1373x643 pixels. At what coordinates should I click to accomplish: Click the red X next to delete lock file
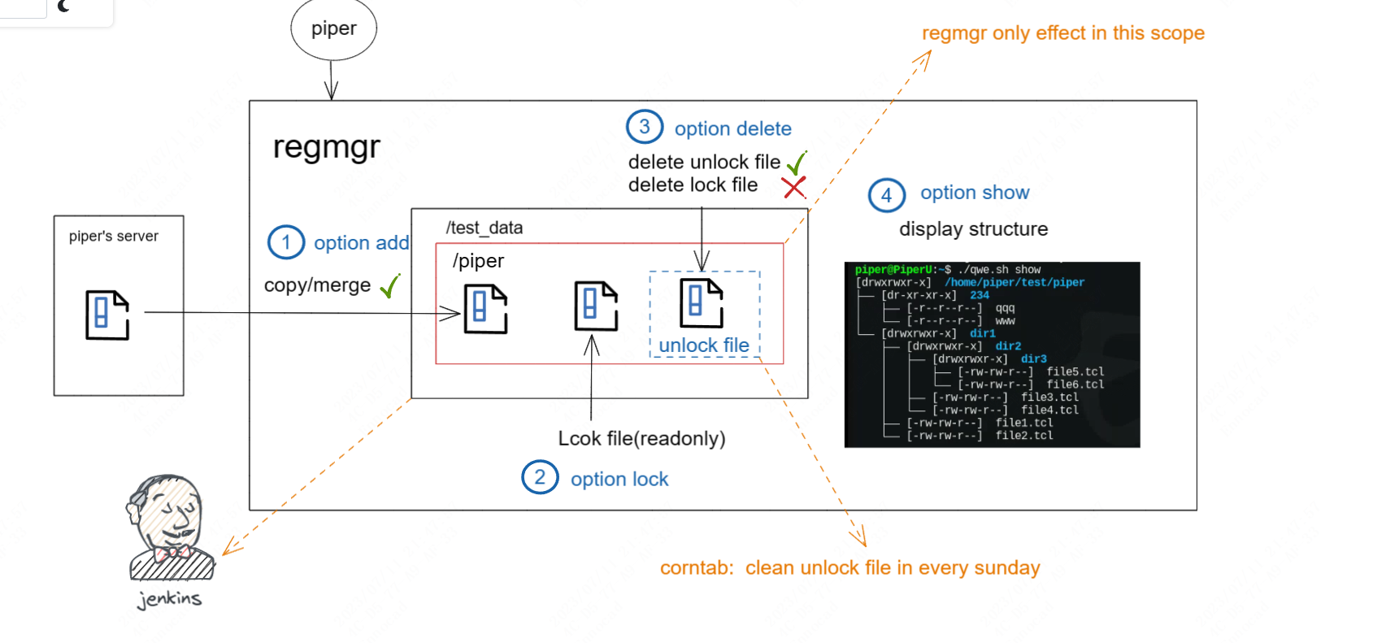tap(793, 188)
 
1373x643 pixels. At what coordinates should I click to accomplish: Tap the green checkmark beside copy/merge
tap(390, 285)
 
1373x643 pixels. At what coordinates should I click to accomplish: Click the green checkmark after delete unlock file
tap(797, 163)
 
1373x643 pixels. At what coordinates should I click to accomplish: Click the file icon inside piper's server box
tap(107, 315)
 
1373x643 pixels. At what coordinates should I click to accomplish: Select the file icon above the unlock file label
tap(702, 303)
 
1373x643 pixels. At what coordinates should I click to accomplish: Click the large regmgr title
tap(326, 147)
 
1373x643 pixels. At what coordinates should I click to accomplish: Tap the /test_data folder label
tap(484, 228)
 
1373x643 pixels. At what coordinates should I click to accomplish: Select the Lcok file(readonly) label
tap(641, 438)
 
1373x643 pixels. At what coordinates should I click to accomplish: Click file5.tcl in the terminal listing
tap(1075, 371)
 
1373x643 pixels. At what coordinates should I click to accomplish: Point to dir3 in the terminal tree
tap(1033, 358)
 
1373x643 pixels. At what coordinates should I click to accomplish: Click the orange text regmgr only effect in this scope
tap(1062, 33)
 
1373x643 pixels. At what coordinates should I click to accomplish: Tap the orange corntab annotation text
tap(849, 568)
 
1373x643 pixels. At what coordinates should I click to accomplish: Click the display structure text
tap(973, 229)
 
